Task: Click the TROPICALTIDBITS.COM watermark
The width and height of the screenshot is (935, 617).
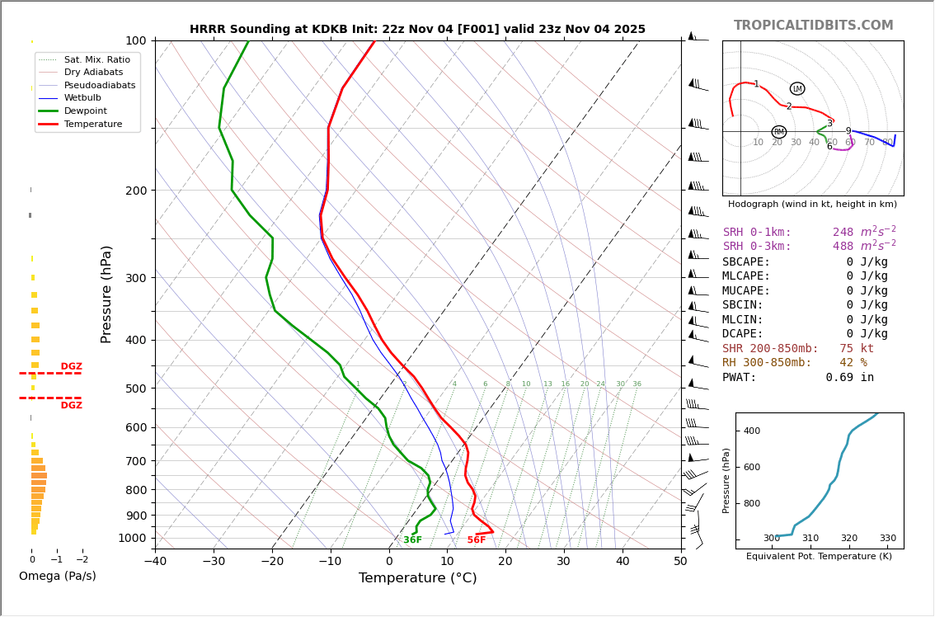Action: click(x=813, y=26)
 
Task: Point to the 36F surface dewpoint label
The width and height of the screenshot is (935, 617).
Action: click(x=412, y=540)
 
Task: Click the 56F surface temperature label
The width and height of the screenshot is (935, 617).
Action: click(x=477, y=540)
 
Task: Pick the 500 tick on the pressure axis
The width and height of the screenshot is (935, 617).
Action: click(x=135, y=389)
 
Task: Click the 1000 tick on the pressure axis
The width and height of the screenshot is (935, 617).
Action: click(x=132, y=539)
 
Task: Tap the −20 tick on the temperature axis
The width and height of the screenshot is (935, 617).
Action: click(x=272, y=562)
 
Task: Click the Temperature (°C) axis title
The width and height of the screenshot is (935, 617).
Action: click(x=417, y=578)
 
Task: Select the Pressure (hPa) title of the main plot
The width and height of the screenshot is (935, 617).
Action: click(x=106, y=294)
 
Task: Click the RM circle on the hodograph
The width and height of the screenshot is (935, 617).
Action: click(x=778, y=132)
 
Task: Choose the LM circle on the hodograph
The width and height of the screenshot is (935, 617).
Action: click(x=797, y=89)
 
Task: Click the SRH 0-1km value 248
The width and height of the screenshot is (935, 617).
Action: click(x=843, y=233)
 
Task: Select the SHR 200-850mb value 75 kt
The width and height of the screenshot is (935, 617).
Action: click(x=857, y=349)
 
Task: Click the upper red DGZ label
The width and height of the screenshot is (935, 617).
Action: click(x=71, y=367)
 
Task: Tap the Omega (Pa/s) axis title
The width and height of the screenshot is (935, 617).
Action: click(x=57, y=577)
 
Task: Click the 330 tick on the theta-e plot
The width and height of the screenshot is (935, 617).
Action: click(x=887, y=539)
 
